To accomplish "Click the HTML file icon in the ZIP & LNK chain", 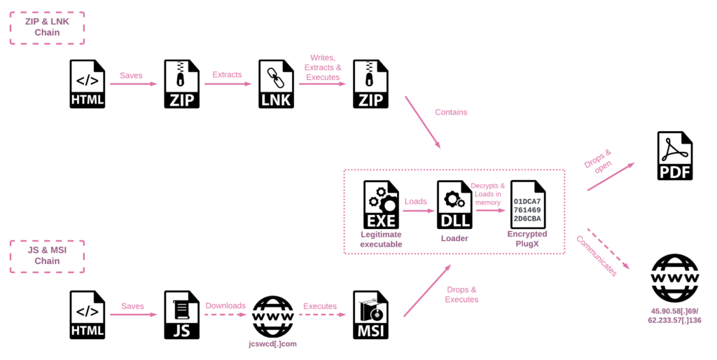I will click(x=88, y=84).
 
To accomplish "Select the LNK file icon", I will click(x=276, y=84).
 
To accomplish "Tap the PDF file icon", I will click(x=674, y=156).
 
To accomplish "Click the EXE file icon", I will click(x=381, y=205).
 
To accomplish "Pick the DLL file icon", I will click(x=454, y=205).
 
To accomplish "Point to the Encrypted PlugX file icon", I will click(x=527, y=205).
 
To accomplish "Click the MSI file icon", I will click(x=370, y=315).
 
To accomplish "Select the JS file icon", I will click(x=181, y=315).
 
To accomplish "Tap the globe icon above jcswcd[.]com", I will click(x=273, y=314).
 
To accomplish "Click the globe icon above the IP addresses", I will click(x=674, y=278).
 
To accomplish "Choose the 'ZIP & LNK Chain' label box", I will click(x=47, y=27).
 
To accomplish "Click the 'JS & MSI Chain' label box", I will click(x=47, y=256).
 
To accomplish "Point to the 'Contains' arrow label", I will click(x=451, y=112).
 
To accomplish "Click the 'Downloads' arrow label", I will click(x=225, y=305).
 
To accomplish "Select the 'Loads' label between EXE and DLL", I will click(x=416, y=201).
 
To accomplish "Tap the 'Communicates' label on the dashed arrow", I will click(x=597, y=256).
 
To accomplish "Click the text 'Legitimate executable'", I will click(x=381, y=239).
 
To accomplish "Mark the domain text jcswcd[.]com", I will click(x=273, y=344).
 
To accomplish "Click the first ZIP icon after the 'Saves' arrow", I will click(x=181, y=84).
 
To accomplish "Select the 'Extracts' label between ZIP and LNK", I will click(x=227, y=74).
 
